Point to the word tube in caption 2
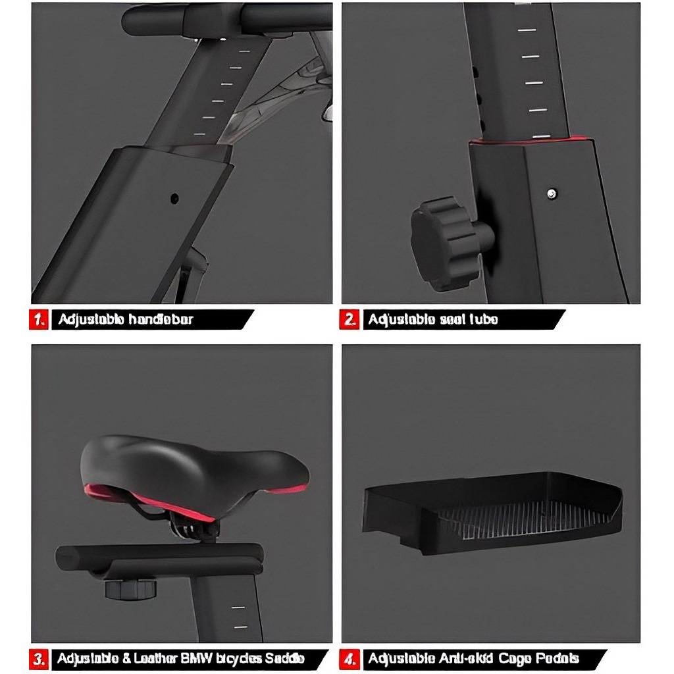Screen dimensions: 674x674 (x=482, y=320)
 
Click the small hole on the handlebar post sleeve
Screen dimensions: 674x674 (x=174, y=197)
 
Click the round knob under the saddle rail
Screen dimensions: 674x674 (x=130, y=587)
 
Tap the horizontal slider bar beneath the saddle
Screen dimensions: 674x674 (x=158, y=558)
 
